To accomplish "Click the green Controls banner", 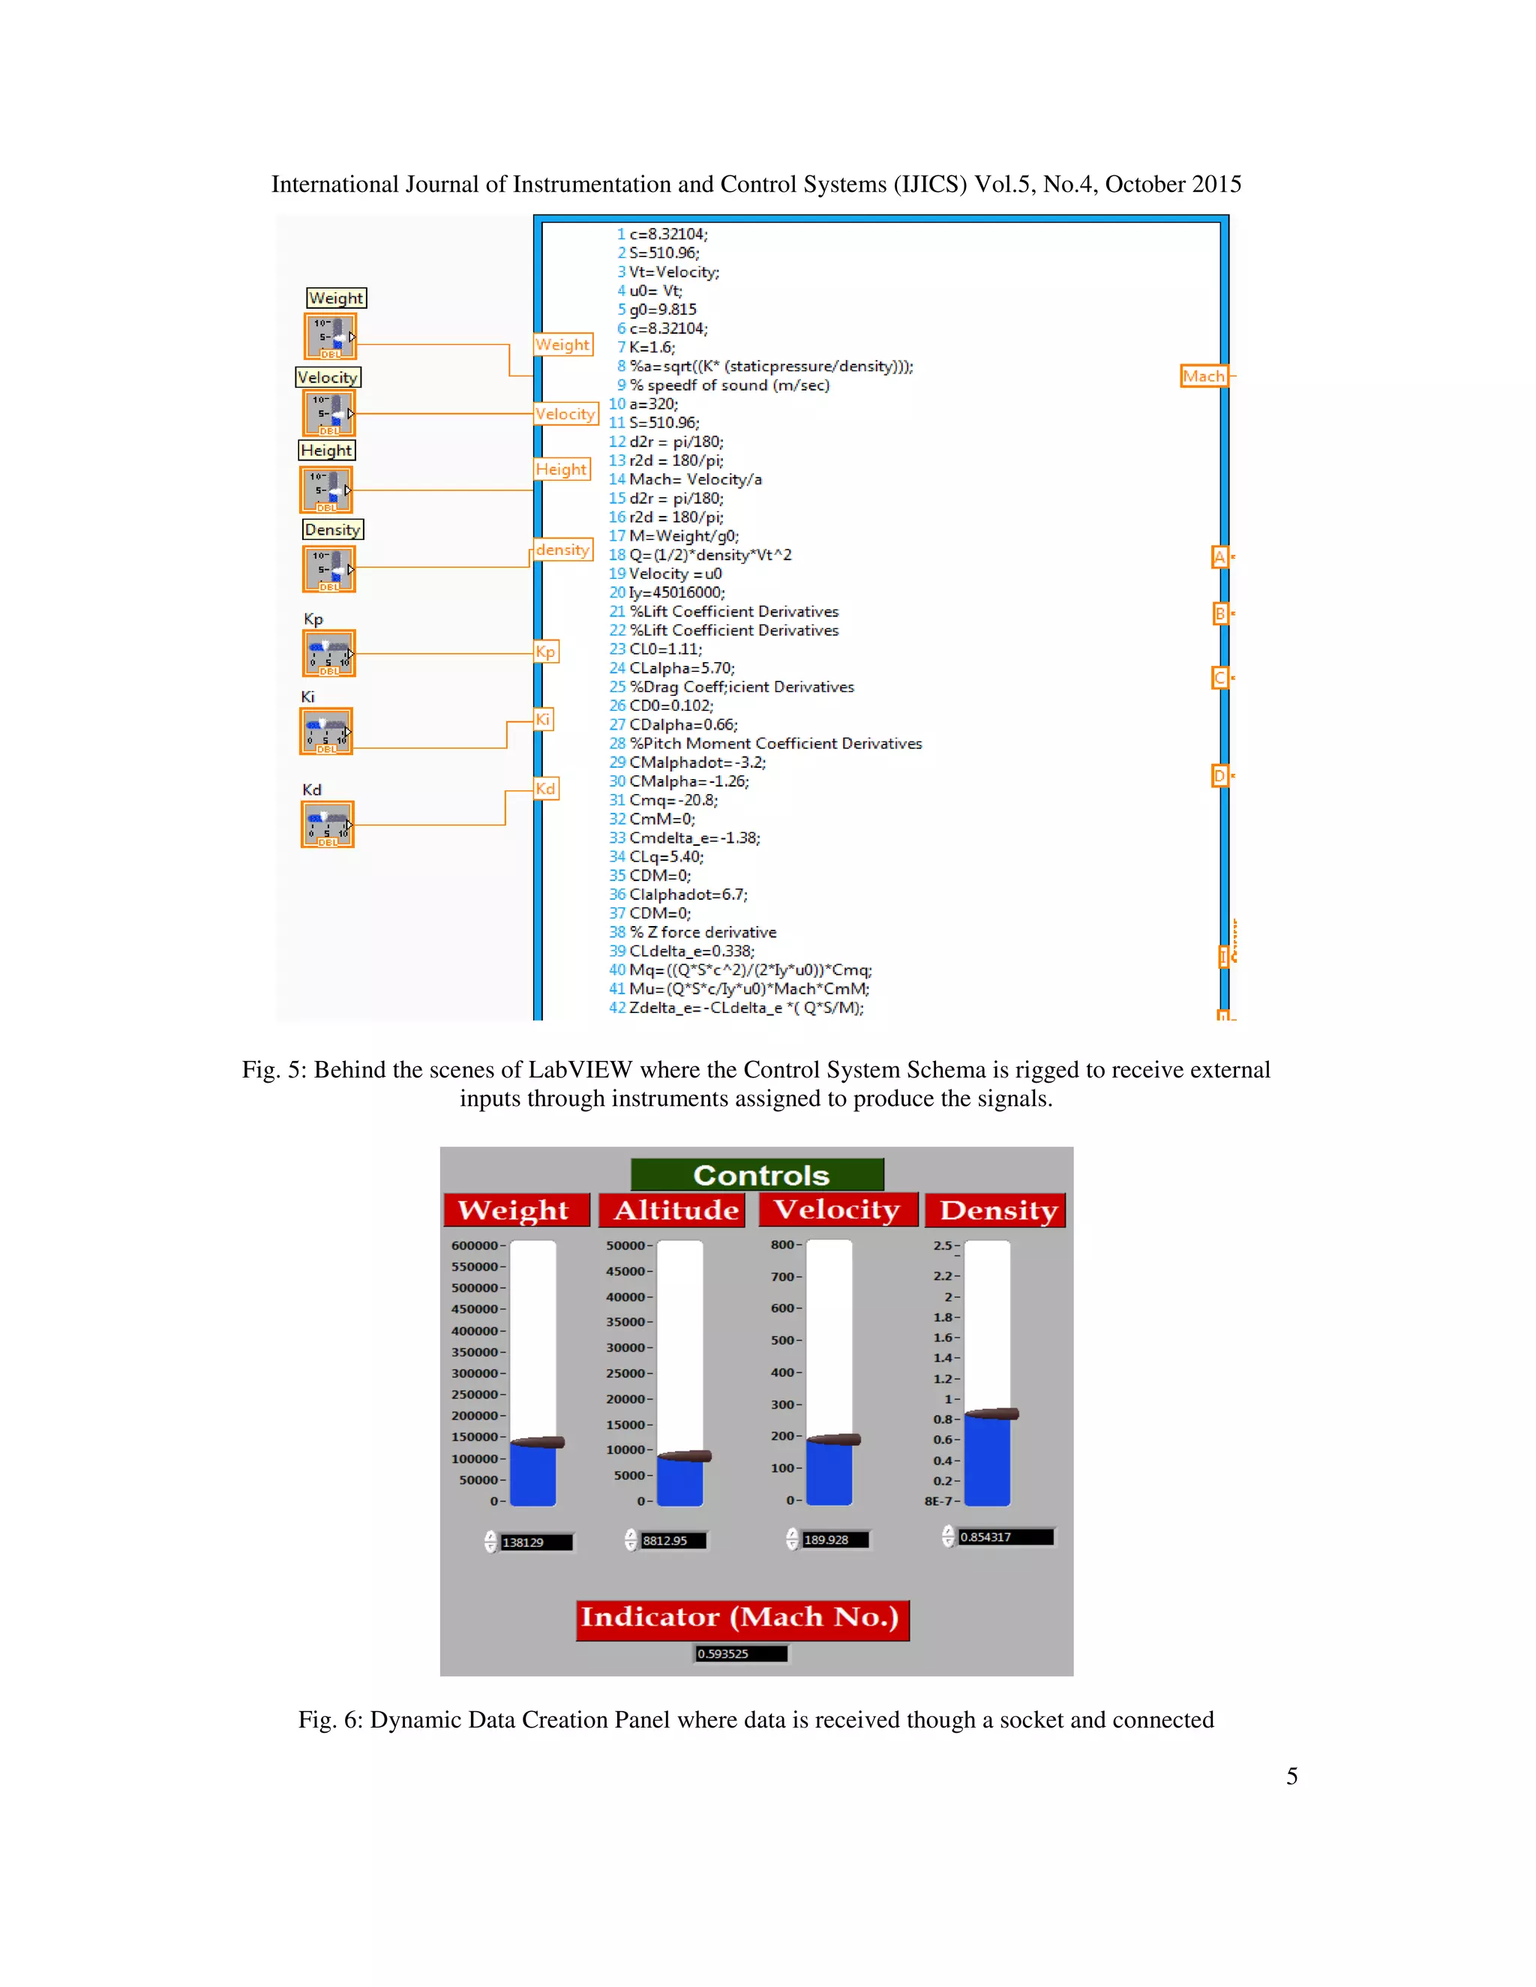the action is [x=756, y=1174].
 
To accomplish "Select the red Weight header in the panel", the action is [x=516, y=1210].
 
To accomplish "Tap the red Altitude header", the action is [x=674, y=1210].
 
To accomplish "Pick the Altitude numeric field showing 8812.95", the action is [x=673, y=1540].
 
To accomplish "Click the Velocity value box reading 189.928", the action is [x=835, y=1539].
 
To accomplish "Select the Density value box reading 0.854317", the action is [x=1004, y=1536].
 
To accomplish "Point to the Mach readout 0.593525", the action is [x=739, y=1653].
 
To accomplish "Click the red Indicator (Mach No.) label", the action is [x=742, y=1617].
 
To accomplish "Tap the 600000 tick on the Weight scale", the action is [x=475, y=1245].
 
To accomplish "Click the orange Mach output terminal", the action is [x=1203, y=376].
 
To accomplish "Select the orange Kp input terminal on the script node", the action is [x=545, y=652].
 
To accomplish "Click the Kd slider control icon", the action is [x=328, y=824].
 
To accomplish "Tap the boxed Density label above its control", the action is [x=332, y=529].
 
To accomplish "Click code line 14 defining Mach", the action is [x=695, y=479].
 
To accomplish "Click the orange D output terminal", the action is [x=1219, y=776].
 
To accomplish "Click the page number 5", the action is [x=1291, y=1775].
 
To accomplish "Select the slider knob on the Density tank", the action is [x=991, y=1414].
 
